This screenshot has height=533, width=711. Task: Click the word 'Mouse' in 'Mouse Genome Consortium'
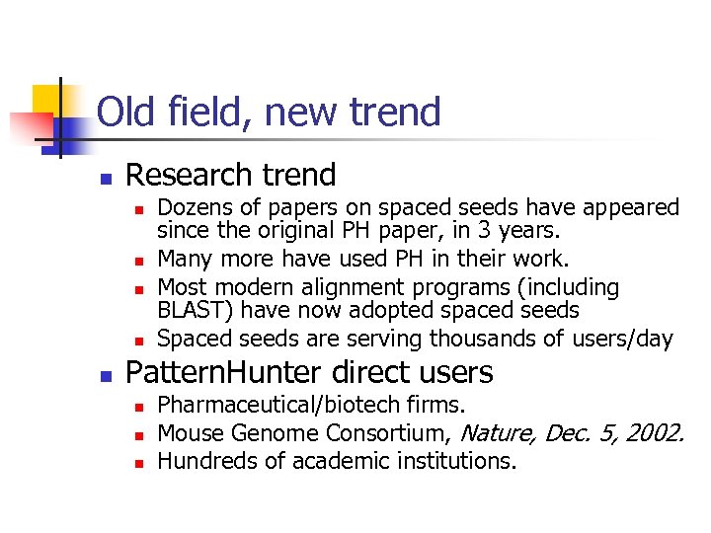pos(190,433)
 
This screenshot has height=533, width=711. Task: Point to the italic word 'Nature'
pos(499,433)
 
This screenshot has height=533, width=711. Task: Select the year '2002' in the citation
pos(657,433)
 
